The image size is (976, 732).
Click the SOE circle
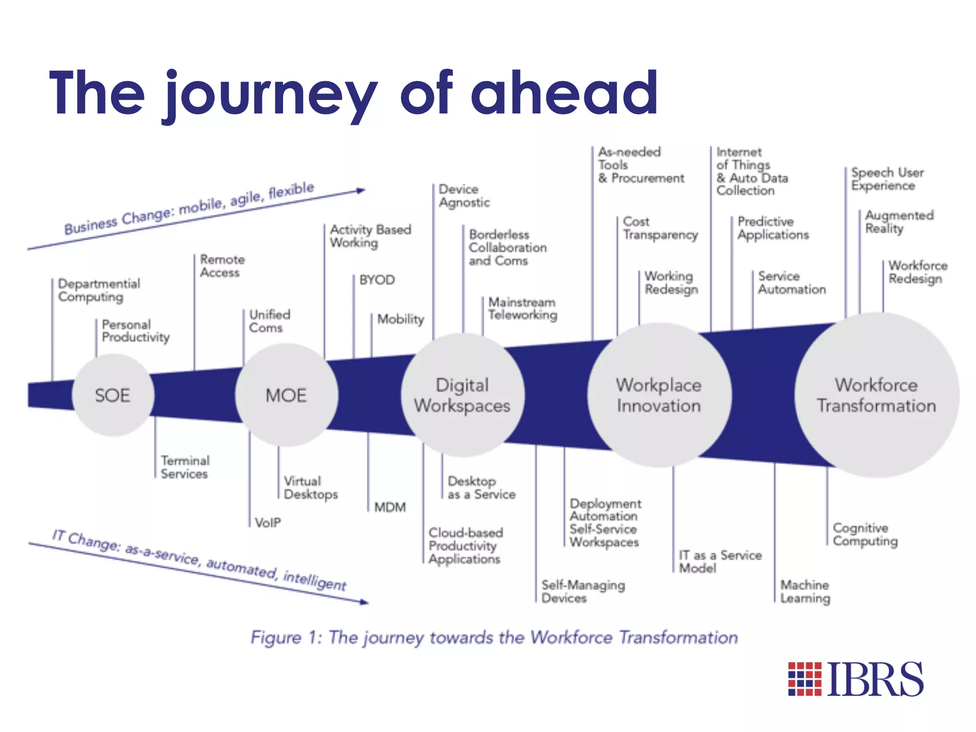click(113, 395)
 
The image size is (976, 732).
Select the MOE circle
click(286, 395)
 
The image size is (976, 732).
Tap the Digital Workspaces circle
click(462, 395)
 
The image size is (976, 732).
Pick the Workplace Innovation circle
click(659, 395)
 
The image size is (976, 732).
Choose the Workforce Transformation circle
click(876, 395)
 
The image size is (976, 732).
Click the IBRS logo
click(855, 679)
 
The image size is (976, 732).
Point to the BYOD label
click(377, 280)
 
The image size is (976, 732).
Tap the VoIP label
click(268, 523)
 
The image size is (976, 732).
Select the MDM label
click(390, 507)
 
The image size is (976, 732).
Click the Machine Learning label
click(805, 591)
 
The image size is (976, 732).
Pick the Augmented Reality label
click(899, 222)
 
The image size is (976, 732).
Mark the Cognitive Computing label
click(865, 534)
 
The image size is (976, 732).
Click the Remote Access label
click(222, 266)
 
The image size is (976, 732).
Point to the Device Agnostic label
click(464, 196)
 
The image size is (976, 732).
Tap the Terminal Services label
click(185, 467)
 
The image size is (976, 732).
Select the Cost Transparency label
click(660, 228)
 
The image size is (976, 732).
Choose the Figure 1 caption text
click(494, 637)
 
